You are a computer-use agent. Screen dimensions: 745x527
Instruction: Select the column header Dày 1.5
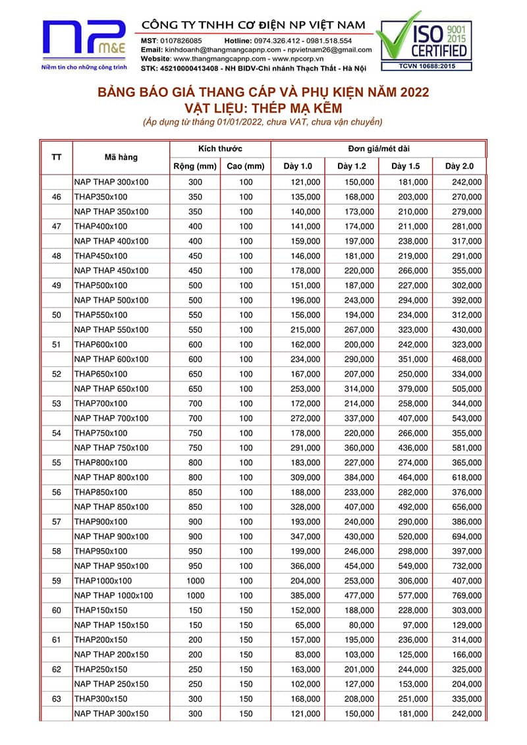point(405,166)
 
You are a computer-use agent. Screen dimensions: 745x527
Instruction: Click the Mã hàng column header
point(121,157)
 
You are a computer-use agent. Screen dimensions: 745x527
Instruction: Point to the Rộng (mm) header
point(195,166)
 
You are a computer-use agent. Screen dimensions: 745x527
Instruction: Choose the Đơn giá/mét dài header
point(378,149)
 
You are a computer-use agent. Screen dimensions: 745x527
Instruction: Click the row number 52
point(57,374)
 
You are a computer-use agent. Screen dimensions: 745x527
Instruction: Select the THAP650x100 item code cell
point(101,374)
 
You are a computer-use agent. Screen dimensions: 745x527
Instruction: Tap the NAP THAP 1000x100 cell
point(113,595)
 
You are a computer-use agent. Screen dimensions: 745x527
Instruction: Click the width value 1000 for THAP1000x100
point(196,581)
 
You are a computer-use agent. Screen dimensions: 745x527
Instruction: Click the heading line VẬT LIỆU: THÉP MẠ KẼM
point(263,107)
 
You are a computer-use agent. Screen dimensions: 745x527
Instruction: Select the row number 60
point(57,611)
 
